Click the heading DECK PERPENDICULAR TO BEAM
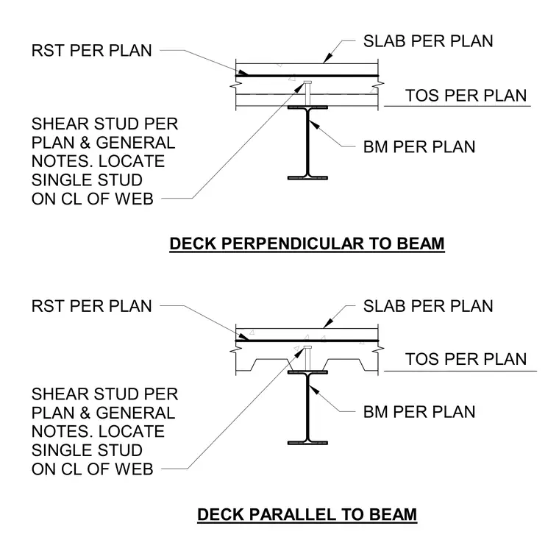(307, 244)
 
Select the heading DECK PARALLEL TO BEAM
(307, 515)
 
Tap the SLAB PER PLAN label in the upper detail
(428, 41)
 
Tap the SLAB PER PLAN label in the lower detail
(428, 306)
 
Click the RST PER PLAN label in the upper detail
(92, 50)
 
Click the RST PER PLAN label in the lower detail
(92, 306)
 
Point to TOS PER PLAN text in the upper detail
(466, 96)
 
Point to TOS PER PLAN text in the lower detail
(466, 359)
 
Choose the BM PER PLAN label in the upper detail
(419, 147)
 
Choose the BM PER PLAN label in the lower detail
(419, 412)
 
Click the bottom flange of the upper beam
(307, 178)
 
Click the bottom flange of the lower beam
(307, 443)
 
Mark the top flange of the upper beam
(307, 107)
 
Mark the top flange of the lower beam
(307, 372)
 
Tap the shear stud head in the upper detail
(307, 82)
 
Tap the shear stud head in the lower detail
(307, 347)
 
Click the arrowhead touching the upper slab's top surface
(328, 59)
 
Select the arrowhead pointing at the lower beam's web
(313, 390)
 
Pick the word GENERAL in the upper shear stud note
(135, 143)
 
